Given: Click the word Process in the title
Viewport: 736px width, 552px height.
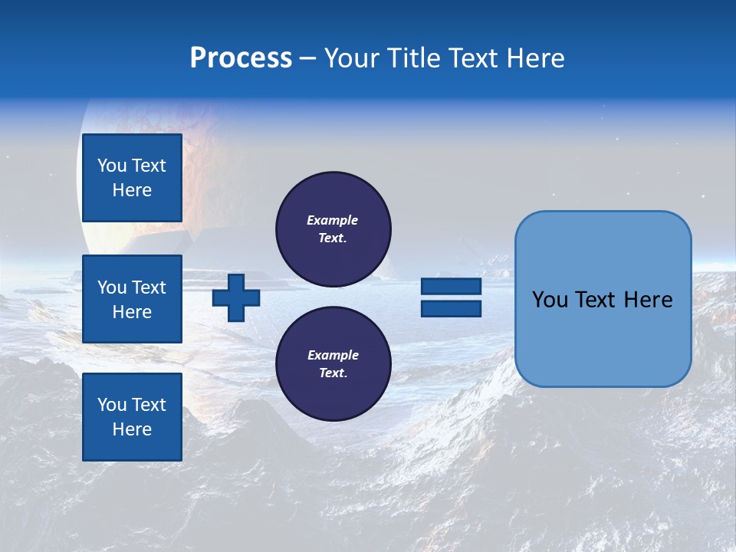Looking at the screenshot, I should pos(241,58).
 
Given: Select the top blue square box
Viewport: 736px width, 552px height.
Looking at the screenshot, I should pos(132,178).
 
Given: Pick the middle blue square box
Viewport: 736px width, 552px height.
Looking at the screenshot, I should pos(132,299).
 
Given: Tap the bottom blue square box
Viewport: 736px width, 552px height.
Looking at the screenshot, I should pos(132,417).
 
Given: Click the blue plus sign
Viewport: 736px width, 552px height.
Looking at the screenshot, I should pos(236,297).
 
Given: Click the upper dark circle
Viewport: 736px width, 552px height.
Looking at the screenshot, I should pos(333,229).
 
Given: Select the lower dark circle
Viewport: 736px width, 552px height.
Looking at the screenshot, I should pos(333,364).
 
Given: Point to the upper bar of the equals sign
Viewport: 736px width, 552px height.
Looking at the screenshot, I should pos(451,287).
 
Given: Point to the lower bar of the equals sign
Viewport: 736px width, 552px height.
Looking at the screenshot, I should pos(451,308).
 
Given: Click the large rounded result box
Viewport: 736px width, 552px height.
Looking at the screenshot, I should pos(603,299).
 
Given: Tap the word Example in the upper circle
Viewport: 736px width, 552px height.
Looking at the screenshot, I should pos(332,220).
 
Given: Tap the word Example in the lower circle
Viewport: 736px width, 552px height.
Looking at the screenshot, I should pos(333,355).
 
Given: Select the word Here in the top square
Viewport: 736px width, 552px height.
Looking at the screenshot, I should pos(132,190).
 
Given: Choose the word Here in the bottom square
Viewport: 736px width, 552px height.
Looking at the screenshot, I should pos(132,429).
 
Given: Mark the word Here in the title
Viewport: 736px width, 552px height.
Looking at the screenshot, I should pos(536,58).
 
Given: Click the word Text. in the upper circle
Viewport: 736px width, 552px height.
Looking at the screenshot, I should pos(333,238).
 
